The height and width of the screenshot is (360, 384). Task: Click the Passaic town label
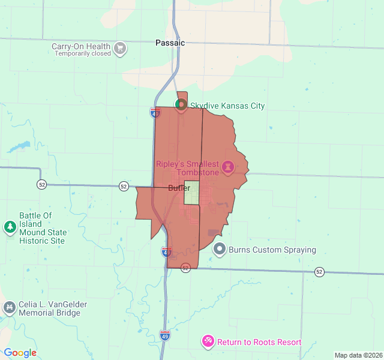170,43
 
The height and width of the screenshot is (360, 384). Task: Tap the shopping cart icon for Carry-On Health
120,48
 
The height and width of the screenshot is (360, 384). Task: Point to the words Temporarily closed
83,53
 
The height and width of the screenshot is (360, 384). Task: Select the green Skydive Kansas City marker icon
180,104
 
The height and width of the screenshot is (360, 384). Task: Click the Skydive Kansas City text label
227,106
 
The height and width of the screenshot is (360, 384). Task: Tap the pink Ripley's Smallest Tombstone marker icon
228,166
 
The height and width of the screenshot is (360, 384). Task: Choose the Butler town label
179,188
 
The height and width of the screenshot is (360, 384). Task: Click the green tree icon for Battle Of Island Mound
10,227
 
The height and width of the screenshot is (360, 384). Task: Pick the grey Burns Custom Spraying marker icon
220,248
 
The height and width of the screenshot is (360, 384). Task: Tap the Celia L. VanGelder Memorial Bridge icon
9,308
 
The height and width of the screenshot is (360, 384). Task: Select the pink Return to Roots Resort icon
208,341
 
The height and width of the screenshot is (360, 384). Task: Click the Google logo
20,353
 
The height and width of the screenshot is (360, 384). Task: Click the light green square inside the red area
191,193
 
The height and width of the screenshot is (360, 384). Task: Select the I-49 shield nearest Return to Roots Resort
165,334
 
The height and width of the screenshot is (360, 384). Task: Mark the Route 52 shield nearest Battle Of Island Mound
41,184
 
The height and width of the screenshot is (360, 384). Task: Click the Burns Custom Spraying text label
272,250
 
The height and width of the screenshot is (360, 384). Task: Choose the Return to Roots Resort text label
259,342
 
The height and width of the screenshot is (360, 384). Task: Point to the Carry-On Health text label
81,46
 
